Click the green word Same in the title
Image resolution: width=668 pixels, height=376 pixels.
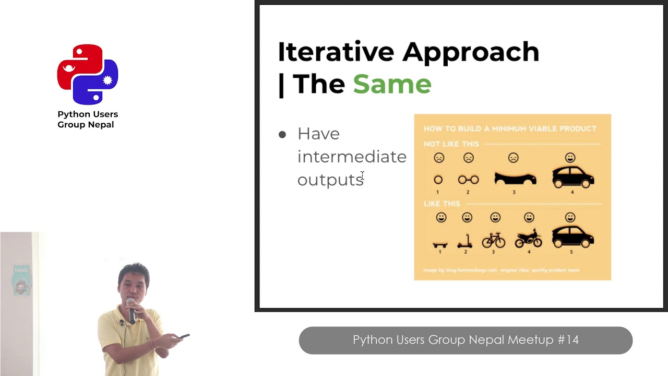(x=392, y=84)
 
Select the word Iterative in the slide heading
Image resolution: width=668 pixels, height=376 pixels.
(x=336, y=52)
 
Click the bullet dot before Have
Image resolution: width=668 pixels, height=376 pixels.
(x=282, y=135)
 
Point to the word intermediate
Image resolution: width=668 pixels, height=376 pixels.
(x=351, y=157)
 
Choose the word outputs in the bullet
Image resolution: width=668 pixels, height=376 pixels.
(x=330, y=180)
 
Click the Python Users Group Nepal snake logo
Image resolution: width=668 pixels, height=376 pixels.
(x=88, y=74)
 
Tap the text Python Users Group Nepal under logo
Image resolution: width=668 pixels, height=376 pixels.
(x=88, y=120)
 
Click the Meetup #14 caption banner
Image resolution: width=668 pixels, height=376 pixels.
(x=466, y=340)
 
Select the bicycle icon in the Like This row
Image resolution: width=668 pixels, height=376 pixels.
(x=493, y=240)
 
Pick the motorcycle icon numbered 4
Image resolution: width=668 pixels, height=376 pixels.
(x=528, y=239)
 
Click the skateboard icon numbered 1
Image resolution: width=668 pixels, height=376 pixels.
(x=440, y=244)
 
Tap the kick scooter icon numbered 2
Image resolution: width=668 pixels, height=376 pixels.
(x=465, y=241)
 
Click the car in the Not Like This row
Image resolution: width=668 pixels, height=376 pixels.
(x=572, y=177)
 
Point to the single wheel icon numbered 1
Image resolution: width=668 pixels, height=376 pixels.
(x=438, y=180)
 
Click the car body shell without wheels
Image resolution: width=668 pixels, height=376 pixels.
(x=515, y=179)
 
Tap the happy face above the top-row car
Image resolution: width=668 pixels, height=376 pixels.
(x=570, y=158)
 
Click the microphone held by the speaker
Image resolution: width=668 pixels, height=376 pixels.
(x=131, y=309)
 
